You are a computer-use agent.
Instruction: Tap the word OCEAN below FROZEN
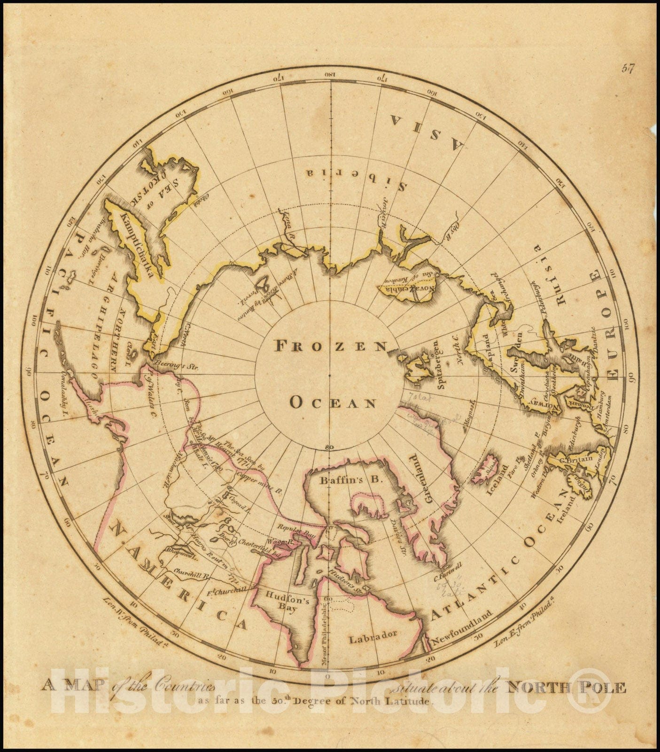(x=333, y=402)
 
